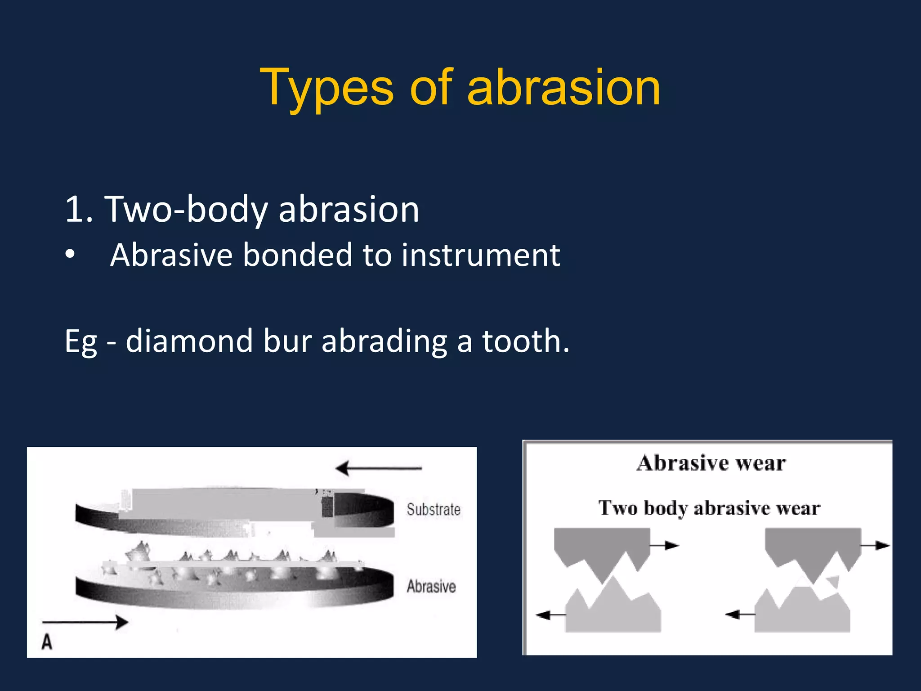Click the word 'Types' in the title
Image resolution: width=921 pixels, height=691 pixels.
327,88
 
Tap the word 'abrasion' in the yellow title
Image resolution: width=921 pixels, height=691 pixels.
563,88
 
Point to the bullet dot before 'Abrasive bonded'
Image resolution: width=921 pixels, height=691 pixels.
70,254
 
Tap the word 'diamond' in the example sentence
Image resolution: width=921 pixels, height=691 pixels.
189,341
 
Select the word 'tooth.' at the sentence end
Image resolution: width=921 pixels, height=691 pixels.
526,341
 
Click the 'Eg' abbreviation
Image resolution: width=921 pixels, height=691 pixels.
81,342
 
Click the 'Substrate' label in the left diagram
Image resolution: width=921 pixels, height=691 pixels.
434,510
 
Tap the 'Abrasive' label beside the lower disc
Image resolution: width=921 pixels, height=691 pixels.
431,587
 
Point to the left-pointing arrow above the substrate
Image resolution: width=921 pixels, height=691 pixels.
378,468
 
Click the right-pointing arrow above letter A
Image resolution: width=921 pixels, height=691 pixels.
85,622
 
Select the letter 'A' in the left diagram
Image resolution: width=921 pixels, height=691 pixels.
47,642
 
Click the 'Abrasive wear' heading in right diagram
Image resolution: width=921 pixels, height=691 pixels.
711,463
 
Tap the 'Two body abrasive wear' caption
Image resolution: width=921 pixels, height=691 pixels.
709,508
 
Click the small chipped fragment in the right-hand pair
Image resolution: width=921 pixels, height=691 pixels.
833,581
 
